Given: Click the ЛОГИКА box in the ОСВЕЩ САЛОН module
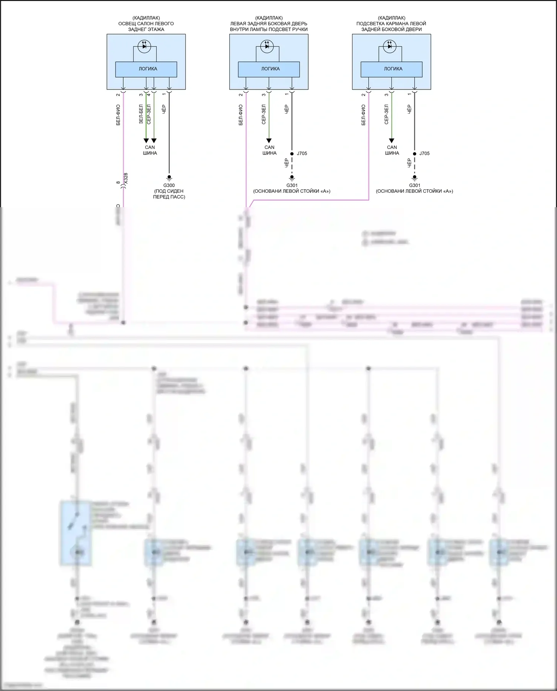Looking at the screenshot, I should (147, 69).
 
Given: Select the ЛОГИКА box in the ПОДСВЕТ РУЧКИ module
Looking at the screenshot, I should (270, 69).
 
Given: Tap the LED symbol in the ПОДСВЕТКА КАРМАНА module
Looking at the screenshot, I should (390, 46).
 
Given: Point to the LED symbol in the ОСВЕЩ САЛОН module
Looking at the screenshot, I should (144, 46).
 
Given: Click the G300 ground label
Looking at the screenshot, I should (169, 185).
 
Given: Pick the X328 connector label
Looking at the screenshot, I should (126, 178).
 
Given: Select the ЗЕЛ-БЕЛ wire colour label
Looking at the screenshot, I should (141, 114).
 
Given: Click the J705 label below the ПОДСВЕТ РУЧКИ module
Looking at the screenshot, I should (302, 153).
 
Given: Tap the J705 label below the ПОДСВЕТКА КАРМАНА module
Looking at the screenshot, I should (424, 153).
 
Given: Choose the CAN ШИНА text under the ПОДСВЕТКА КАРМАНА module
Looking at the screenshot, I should (392, 150).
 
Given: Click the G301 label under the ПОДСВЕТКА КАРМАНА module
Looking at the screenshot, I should (414, 185).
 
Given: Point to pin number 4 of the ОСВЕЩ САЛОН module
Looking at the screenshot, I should (149, 95).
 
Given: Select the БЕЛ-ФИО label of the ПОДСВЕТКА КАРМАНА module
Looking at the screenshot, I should (363, 115).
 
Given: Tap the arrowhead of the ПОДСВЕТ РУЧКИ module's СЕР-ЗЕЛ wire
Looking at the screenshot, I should (269, 141).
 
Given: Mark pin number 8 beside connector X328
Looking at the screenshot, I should (118, 183).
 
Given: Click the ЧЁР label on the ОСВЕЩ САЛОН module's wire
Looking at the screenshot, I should (164, 109).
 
